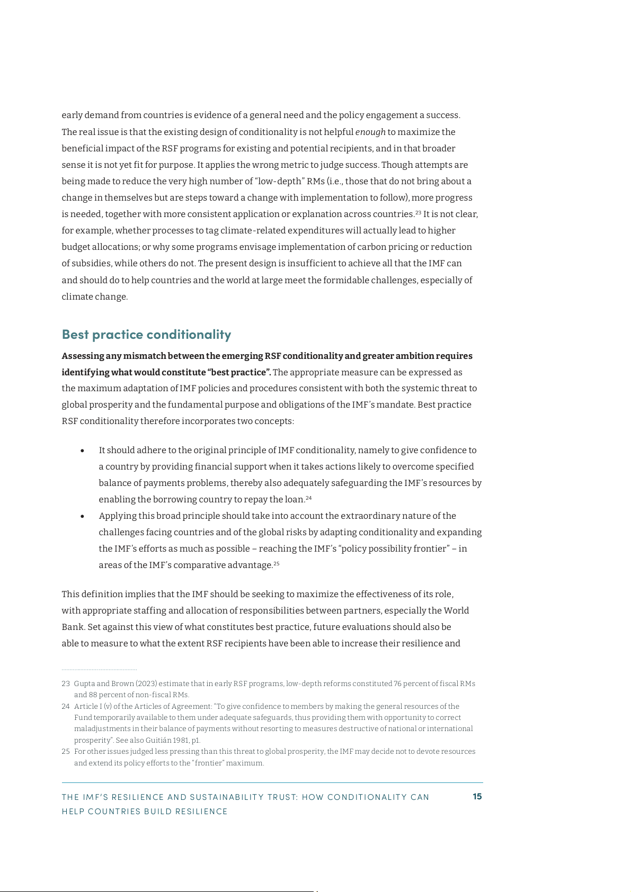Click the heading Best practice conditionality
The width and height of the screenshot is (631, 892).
146,335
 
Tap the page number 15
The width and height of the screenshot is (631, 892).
477,797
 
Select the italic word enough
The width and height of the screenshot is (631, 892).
370,132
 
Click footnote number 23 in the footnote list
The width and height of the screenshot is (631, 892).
66,684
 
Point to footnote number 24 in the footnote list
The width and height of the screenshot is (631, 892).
66,707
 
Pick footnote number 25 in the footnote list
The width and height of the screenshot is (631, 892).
66,752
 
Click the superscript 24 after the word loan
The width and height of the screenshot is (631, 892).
308,498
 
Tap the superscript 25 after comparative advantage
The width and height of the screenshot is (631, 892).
276,563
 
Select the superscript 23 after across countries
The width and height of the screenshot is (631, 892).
418,212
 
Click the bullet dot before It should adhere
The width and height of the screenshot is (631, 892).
83,451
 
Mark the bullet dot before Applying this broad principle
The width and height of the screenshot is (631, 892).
83,517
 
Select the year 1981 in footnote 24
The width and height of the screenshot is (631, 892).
181,741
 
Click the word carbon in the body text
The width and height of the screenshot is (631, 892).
372,247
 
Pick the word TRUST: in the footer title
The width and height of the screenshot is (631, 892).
281,797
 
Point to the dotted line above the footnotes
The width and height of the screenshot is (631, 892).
99,670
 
